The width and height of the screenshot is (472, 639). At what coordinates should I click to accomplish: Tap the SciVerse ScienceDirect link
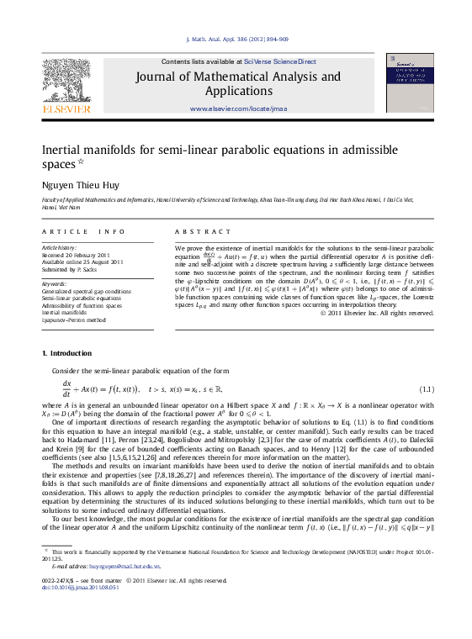coord(280,61)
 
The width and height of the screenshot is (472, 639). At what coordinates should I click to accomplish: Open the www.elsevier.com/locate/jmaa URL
coord(238,108)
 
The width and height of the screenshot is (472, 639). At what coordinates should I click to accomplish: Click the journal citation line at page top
coord(236,39)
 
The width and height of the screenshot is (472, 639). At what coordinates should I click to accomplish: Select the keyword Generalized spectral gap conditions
coord(87,290)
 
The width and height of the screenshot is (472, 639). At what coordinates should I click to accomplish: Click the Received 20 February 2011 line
coord(77,255)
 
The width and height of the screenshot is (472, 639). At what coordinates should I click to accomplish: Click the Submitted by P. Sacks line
coord(71,269)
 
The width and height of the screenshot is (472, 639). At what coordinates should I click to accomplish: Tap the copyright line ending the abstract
coord(377,313)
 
